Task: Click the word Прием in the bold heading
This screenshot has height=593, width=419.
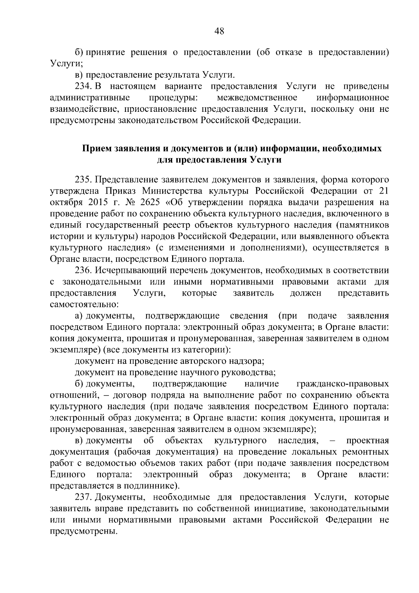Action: click(97, 149)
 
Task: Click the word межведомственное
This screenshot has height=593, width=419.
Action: click(257, 97)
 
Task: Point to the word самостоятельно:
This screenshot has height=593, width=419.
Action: click(84, 304)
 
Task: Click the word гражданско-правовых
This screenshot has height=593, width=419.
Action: click(343, 384)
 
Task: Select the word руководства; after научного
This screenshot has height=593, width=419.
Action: click(248, 373)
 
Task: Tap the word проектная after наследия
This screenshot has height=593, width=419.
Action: click(367, 441)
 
